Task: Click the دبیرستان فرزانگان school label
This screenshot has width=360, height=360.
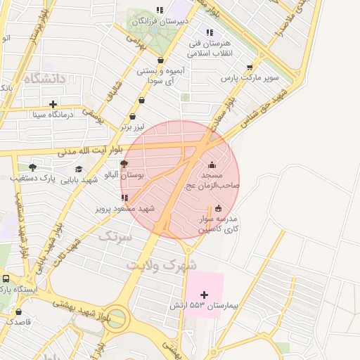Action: [160, 21]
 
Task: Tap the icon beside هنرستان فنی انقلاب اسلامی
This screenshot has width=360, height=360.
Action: [209, 32]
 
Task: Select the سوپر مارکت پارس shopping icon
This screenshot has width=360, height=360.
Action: [249, 67]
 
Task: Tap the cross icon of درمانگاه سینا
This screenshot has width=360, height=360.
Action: [53, 104]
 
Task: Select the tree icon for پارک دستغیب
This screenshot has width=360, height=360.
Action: [32, 167]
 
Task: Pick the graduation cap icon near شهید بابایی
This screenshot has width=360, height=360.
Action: [79, 169]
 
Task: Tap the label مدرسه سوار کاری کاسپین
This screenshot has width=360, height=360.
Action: [218, 224]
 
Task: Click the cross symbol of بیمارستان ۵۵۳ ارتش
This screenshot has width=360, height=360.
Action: [205, 295]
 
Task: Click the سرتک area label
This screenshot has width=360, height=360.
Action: [114, 237]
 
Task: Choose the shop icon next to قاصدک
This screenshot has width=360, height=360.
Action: [18, 311]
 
